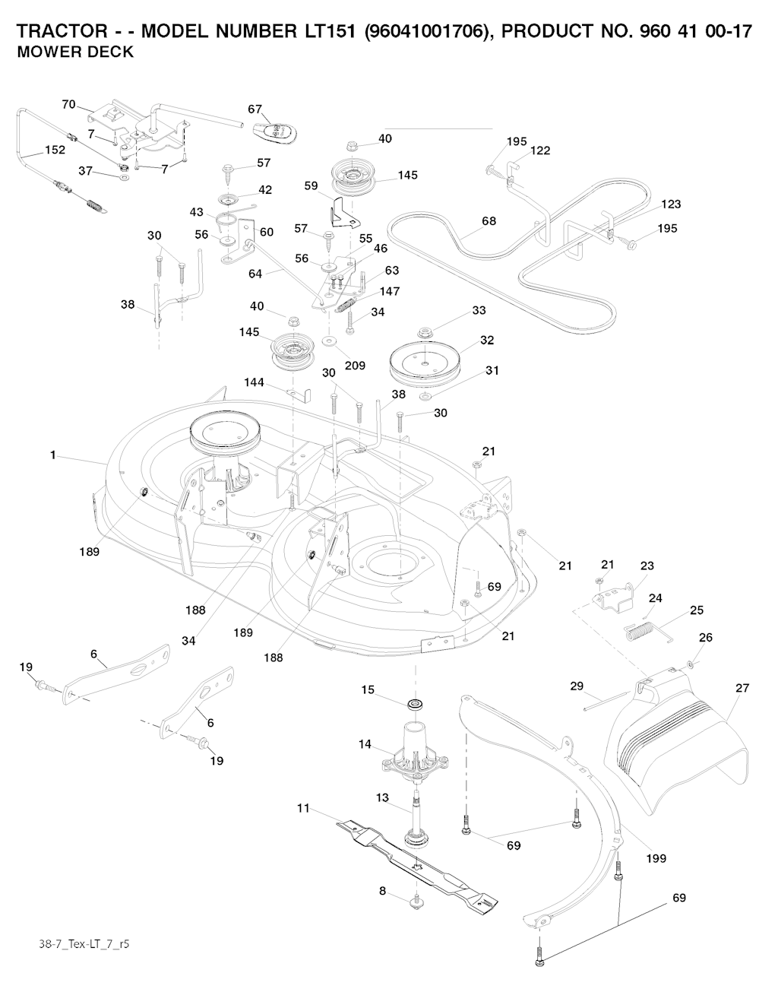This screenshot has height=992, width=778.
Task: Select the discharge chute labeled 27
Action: point(676,753)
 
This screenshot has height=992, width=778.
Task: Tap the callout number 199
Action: point(656,858)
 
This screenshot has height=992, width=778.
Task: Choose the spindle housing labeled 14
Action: point(414,749)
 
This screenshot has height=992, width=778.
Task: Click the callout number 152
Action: point(55,150)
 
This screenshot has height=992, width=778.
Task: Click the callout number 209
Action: point(354,366)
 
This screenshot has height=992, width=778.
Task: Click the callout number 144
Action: point(254,382)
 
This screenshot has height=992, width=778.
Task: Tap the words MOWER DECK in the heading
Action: point(75,52)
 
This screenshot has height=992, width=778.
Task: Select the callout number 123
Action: point(671,204)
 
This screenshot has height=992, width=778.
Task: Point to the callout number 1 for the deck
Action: point(52,455)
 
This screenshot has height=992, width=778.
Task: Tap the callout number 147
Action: point(390,291)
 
